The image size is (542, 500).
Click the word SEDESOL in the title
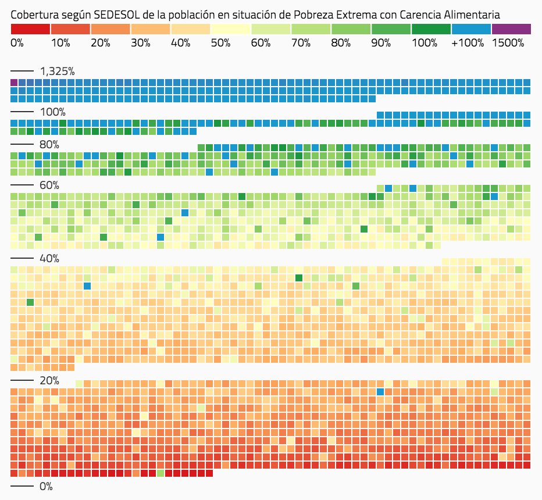click(120, 13)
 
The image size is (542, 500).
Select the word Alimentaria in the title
click(470, 13)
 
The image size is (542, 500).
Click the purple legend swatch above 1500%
click(511, 28)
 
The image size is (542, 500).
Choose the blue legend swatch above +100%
click(472, 28)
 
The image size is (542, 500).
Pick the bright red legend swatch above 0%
click(30, 28)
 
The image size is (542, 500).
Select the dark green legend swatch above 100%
click(431, 28)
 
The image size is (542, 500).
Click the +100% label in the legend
click(468, 43)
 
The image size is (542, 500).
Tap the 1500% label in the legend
click(508, 43)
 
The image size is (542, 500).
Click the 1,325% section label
click(57, 72)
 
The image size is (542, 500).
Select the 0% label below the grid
click(46, 486)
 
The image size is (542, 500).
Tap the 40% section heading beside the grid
click(49, 259)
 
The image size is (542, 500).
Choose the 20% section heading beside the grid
click(49, 381)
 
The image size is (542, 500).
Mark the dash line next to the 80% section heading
click(22, 145)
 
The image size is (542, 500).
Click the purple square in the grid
click(14, 83)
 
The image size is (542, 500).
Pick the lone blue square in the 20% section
click(380, 392)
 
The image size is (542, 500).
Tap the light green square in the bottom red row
click(161, 473)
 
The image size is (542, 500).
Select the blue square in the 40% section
click(87, 286)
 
